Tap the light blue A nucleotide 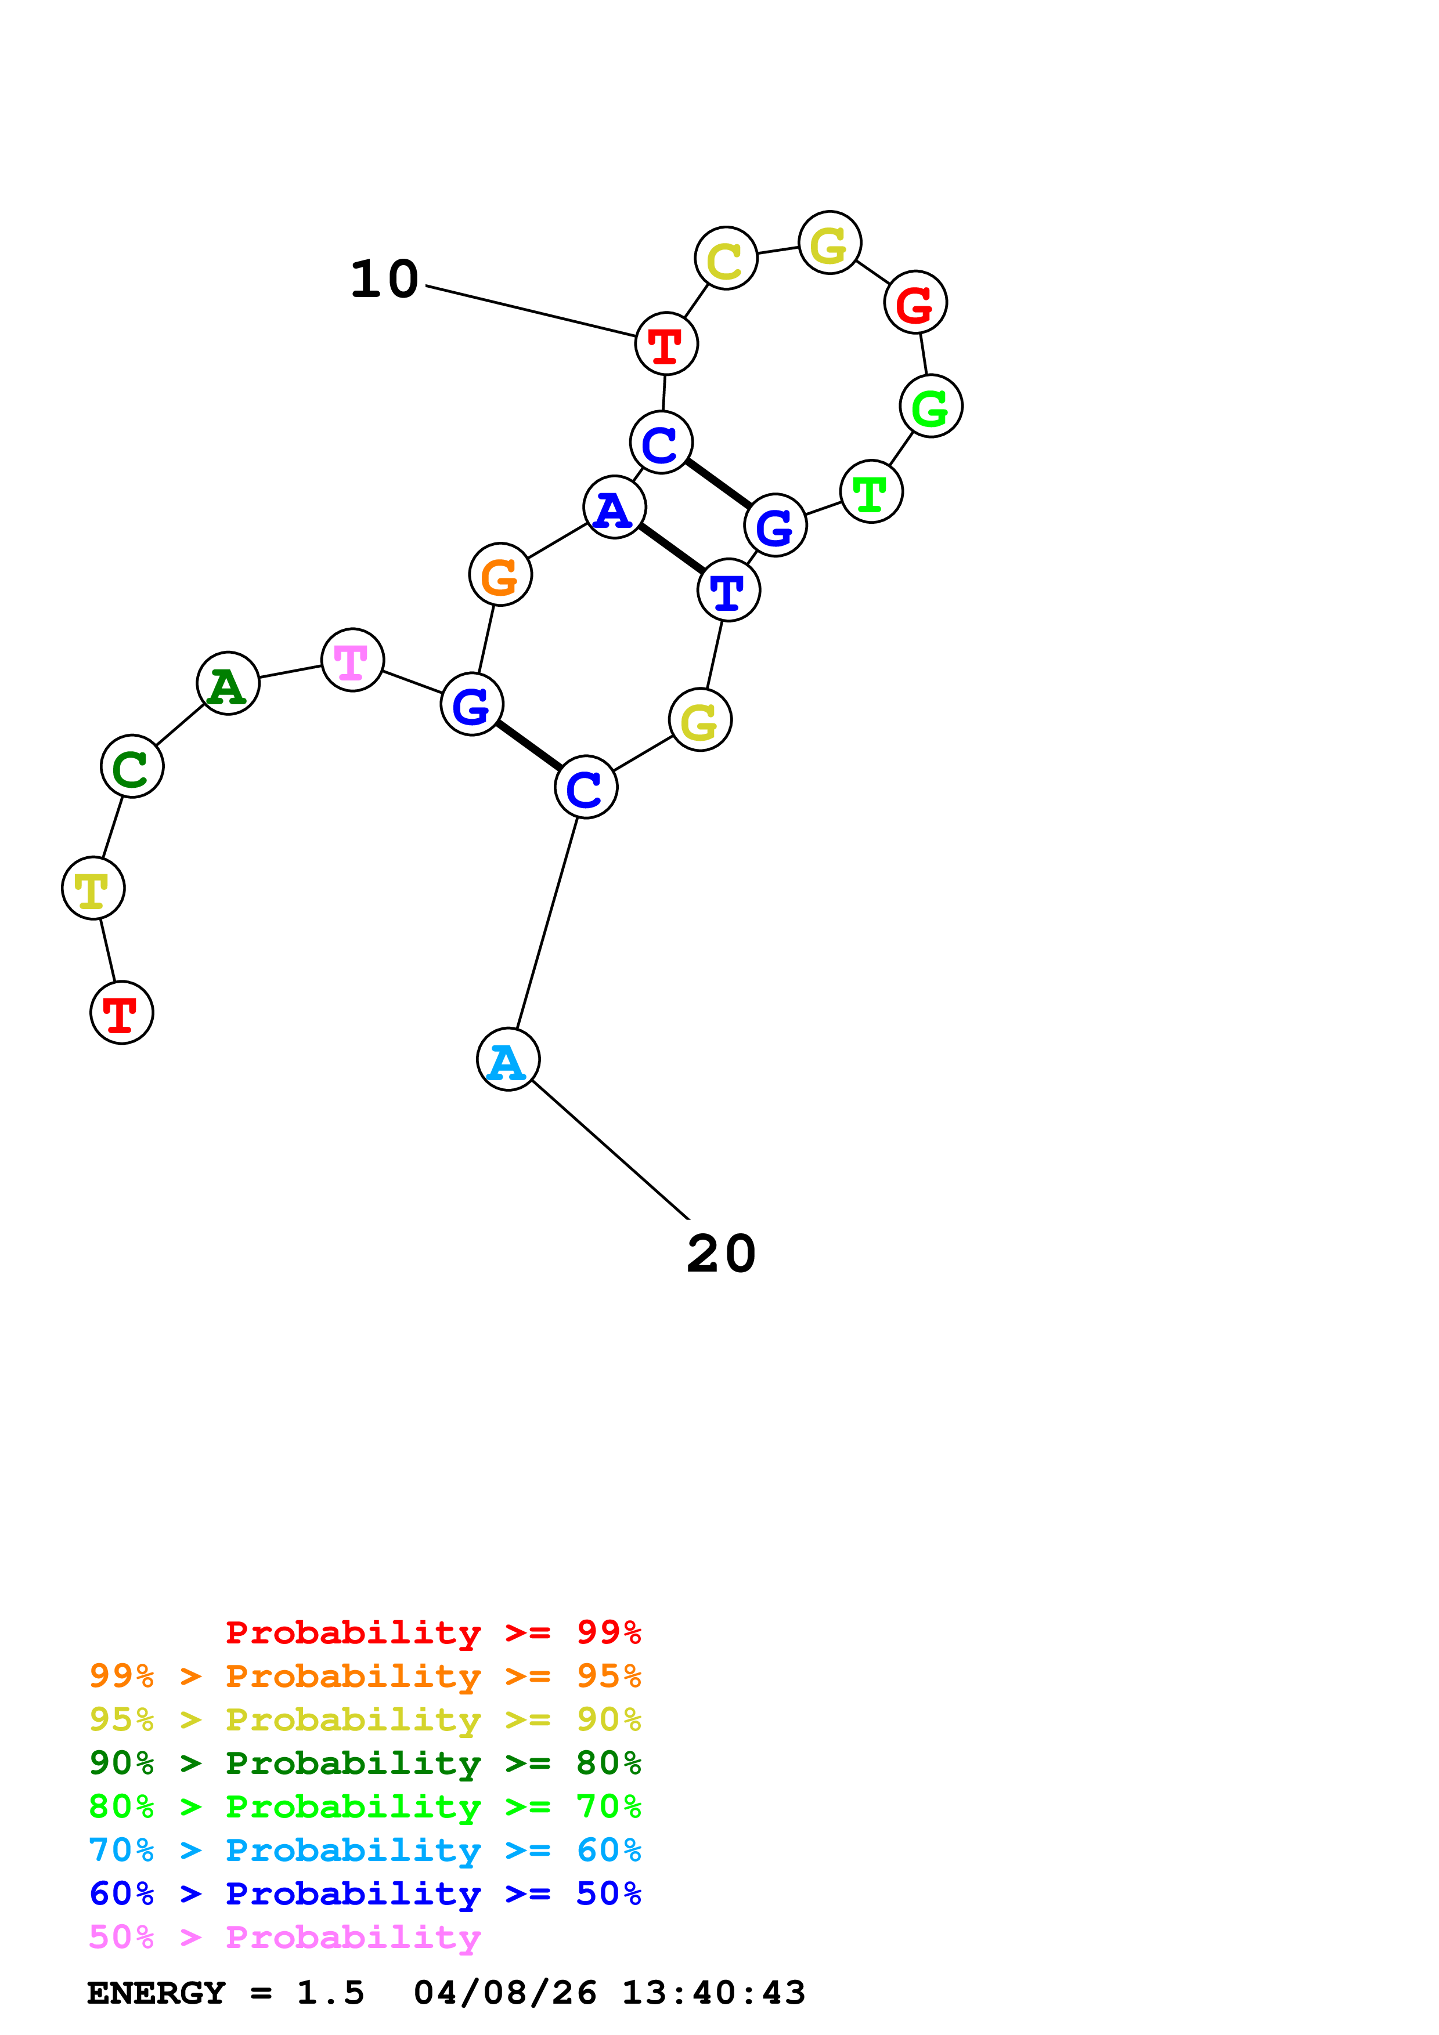click(508, 1059)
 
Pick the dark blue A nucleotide click(615, 508)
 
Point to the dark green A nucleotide click(228, 683)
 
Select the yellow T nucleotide click(93, 888)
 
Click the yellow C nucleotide click(726, 258)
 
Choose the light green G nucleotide click(931, 406)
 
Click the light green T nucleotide click(871, 492)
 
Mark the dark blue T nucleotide click(729, 591)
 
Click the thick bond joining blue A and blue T click(671, 549)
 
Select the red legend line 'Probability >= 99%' click(432, 1632)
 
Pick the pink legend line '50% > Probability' click(284, 1938)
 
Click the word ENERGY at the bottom click(156, 1993)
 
